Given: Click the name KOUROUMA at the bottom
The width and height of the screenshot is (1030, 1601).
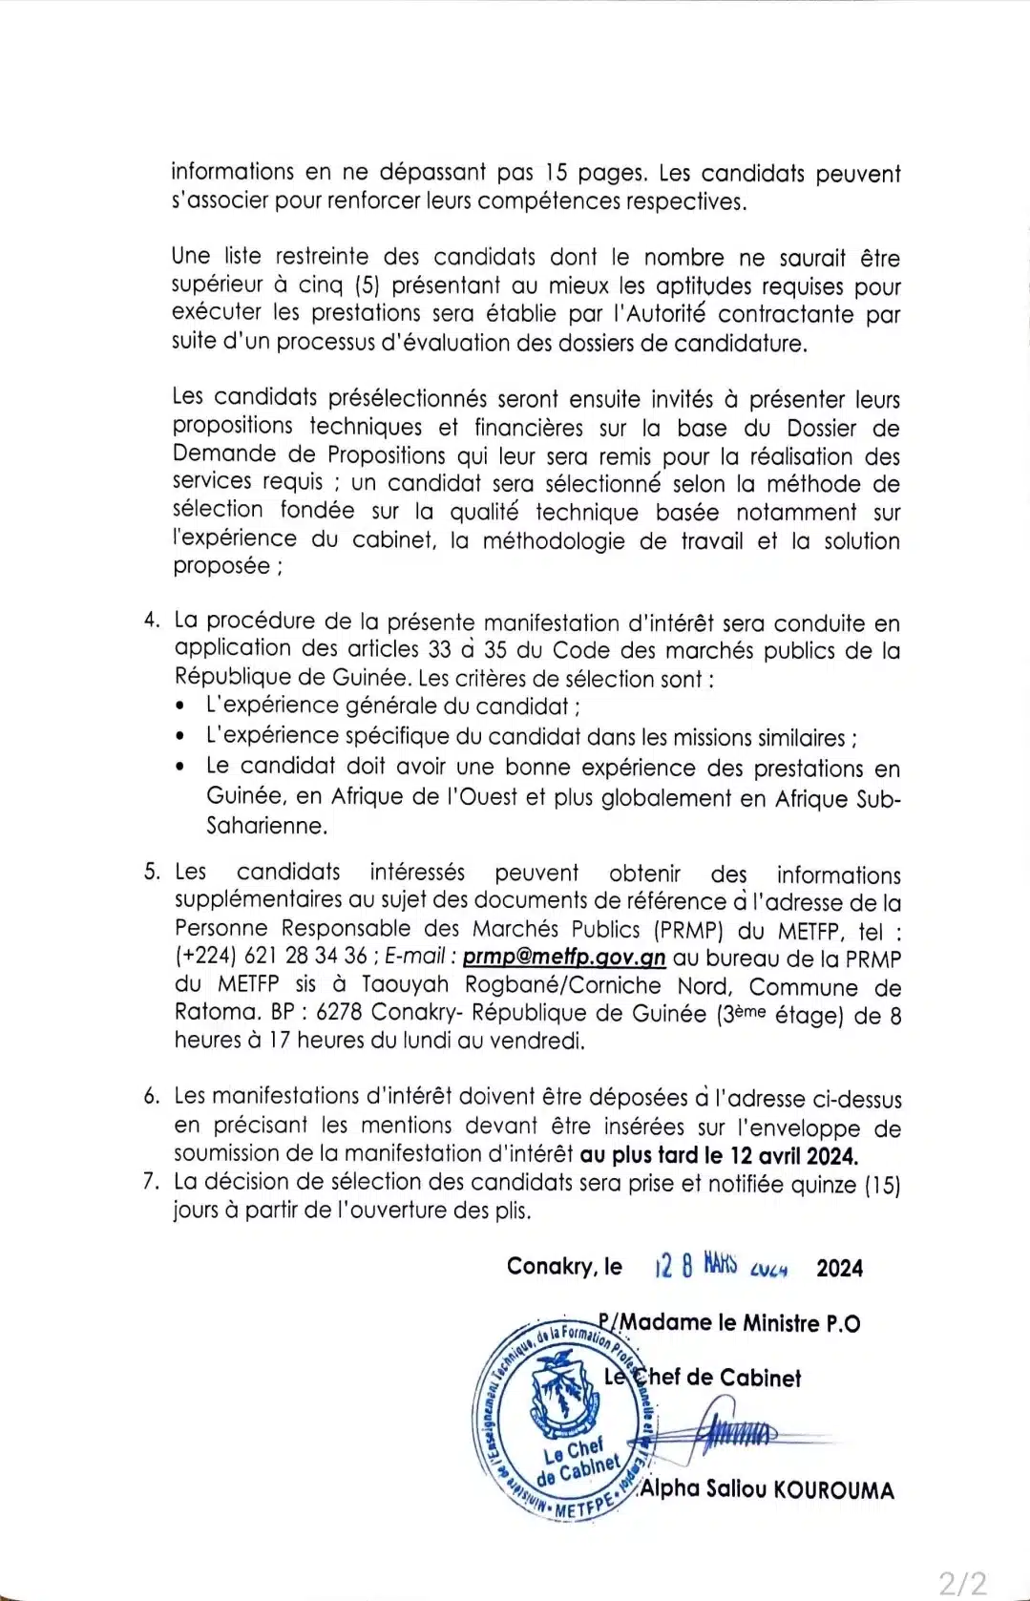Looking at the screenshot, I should pos(834,1490).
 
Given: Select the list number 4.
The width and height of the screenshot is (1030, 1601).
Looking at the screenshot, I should pos(151,621).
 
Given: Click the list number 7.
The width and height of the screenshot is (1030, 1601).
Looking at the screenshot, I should pos(151,1182).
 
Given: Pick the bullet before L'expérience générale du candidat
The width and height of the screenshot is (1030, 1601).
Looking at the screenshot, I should pos(182,708).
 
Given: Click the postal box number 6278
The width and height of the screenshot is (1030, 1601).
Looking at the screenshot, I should pos(338,1013).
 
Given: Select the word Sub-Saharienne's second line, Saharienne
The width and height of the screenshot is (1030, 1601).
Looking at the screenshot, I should pos(266,826).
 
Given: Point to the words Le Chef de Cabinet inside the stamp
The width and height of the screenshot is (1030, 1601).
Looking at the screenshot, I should pos(579,1462).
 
